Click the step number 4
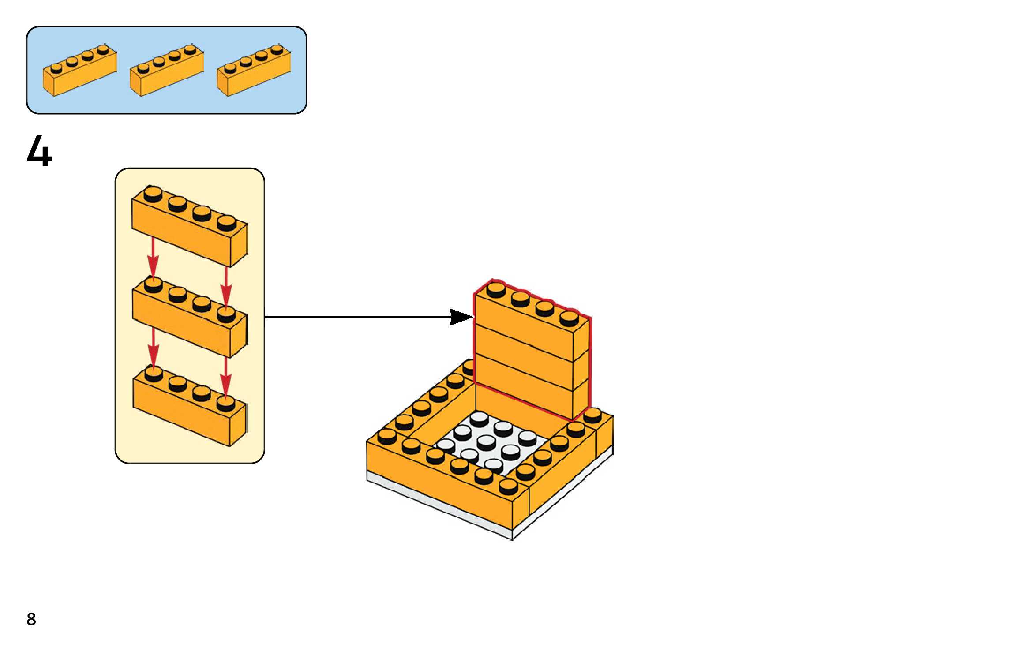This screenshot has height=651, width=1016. (x=39, y=151)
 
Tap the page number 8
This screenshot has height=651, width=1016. (x=31, y=619)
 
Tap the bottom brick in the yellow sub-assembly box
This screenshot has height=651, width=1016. (x=190, y=410)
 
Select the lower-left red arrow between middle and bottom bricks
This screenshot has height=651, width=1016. (x=153, y=348)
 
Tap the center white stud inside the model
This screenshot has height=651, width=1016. (x=486, y=440)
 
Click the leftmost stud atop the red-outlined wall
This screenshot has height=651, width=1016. (x=495, y=289)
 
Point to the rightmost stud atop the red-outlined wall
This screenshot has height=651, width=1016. (x=569, y=318)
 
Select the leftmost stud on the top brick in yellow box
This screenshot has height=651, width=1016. (x=153, y=194)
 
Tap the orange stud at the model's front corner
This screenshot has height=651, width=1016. (x=508, y=486)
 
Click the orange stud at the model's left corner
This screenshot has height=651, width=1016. (x=387, y=436)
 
